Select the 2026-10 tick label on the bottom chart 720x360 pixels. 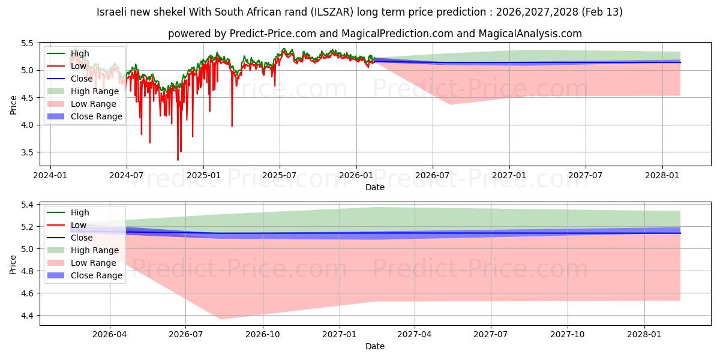(263, 334)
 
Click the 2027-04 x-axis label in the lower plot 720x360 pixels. (415, 334)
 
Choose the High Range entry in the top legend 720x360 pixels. (96, 91)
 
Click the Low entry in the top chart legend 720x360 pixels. (79, 66)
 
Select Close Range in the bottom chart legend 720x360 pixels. (96, 275)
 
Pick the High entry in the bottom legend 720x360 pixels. (80, 212)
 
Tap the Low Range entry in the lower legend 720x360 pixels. (95, 263)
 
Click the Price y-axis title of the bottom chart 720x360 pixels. (13, 263)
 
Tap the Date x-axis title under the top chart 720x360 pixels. (375, 187)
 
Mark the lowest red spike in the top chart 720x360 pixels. (178, 160)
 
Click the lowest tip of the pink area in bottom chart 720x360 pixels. (220, 319)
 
